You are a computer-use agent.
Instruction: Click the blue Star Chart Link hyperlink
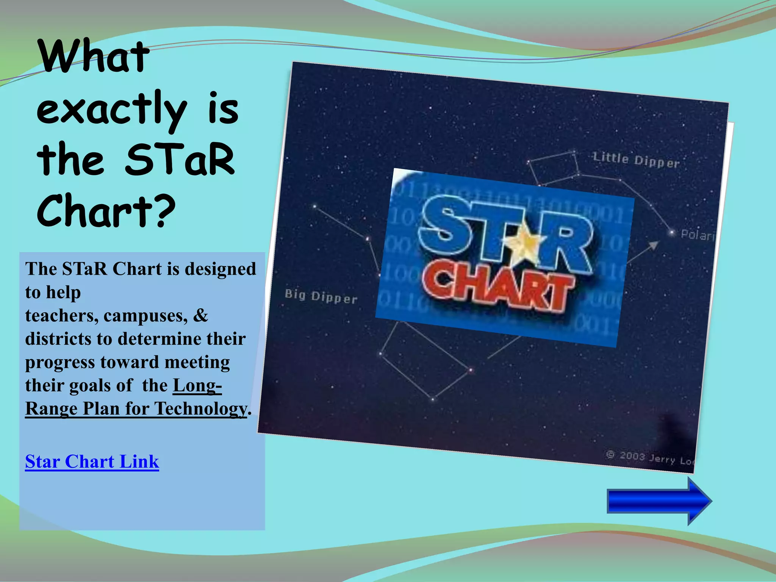(x=92, y=462)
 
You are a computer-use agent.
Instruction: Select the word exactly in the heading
(x=112, y=110)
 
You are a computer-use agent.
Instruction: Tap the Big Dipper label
(x=321, y=296)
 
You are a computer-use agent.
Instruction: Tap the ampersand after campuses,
(x=200, y=315)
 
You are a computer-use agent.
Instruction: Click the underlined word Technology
(x=201, y=409)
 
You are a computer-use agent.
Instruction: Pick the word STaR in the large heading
(x=180, y=161)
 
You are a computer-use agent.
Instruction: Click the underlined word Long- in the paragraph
(x=197, y=385)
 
